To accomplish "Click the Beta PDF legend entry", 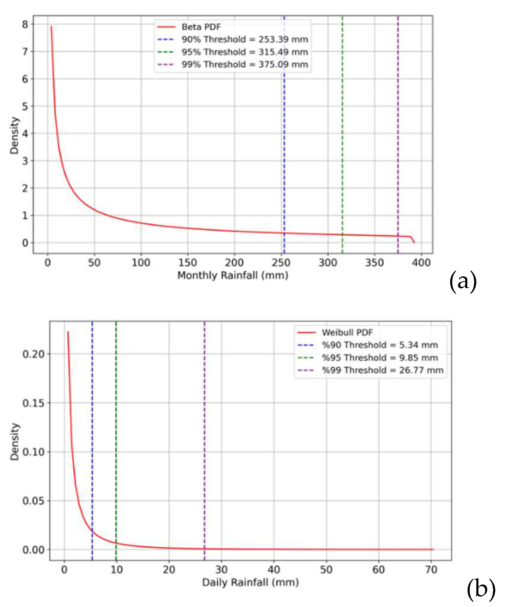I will tap(201, 27).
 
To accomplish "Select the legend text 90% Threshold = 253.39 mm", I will tap(244, 39).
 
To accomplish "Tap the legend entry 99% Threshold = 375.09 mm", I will tap(244, 64).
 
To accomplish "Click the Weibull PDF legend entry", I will tap(347, 332).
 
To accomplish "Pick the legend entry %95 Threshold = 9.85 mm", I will tap(379, 357).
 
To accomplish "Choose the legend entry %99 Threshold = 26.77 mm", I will tap(382, 370).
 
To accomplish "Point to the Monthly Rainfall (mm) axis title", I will tap(232, 275).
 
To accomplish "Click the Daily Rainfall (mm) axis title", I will tap(250, 582).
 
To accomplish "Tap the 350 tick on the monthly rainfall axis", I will tap(374, 263).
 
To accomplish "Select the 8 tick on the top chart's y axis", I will tap(25, 24).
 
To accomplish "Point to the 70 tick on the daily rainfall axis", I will tap(431, 569).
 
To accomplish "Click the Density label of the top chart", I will tap(14, 136).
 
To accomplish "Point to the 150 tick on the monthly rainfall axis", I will tap(188, 263).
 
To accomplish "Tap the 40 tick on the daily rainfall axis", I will tap(274, 569).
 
